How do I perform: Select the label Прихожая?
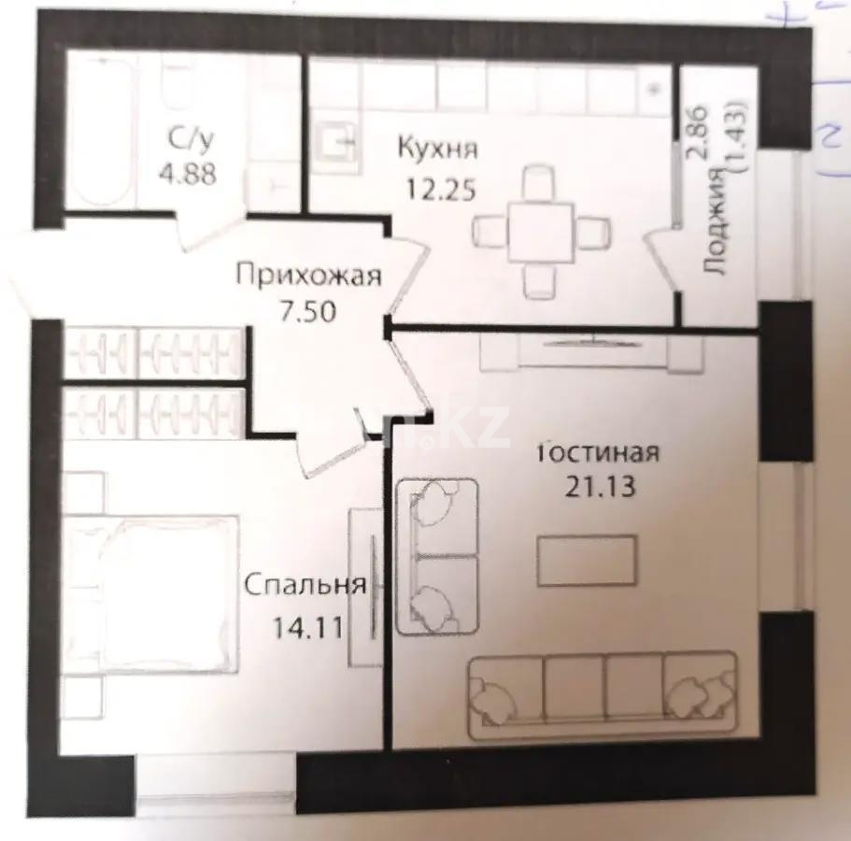pyautogui.click(x=308, y=276)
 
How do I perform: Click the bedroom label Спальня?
pyautogui.click(x=303, y=586)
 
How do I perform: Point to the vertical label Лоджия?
pyautogui.click(x=716, y=223)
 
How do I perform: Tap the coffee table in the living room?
pyautogui.click(x=588, y=561)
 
